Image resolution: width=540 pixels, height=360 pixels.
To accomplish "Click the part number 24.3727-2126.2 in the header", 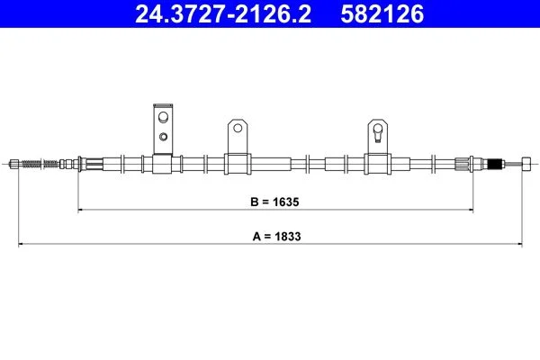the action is [x=223, y=13].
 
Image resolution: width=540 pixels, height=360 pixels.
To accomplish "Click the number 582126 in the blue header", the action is [x=382, y=13].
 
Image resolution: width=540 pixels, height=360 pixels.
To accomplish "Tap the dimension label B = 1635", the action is [x=274, y=202].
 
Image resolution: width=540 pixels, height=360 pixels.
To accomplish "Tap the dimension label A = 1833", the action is [x=276, y=237].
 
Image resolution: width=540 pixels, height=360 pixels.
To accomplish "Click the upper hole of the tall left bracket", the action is [x=163, y=117].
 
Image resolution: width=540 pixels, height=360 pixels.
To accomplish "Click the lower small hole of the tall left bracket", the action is [x=163, y=137].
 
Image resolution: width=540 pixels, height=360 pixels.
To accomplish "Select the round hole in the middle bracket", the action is [x=238, y=128].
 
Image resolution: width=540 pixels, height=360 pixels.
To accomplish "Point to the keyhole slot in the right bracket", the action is [x=378, y=132].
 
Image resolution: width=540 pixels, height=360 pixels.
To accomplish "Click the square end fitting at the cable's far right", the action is [x=526, y=164].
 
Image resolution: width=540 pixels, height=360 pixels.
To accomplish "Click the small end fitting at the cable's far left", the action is [x=14, y=164].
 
